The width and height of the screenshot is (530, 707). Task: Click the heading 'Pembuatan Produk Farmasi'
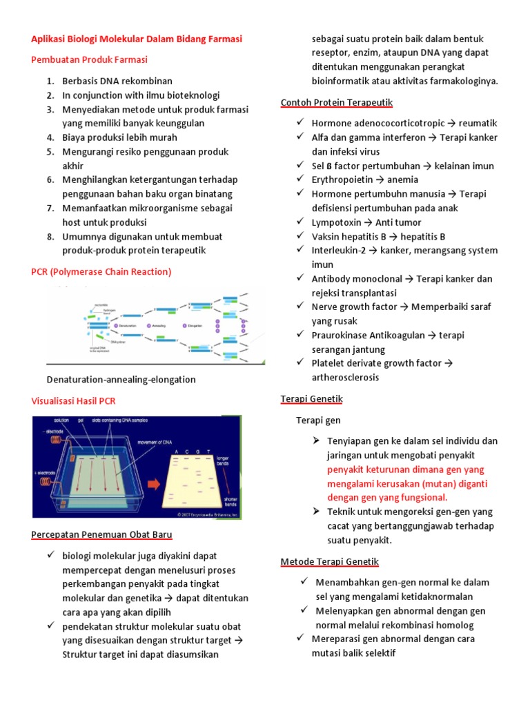click(x=90, y=60)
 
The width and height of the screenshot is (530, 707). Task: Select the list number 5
click(x=50, y=152)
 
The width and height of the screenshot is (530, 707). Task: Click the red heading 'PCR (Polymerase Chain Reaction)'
click(x=101, y=271)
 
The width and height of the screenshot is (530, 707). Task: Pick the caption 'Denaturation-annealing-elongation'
click(x=121, y=379)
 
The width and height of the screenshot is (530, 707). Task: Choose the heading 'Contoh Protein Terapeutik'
click(x=337, y=103)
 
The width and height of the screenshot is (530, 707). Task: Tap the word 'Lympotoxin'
click(x=336, y=222)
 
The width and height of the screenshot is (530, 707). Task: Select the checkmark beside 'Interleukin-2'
click(x=300, y=250)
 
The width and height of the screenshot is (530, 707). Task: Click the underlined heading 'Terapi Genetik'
click(x=311, y=399)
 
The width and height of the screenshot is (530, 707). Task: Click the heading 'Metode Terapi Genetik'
click(x=329, y=561)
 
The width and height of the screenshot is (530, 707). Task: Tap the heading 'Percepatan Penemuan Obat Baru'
click(x=102, y=534)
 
